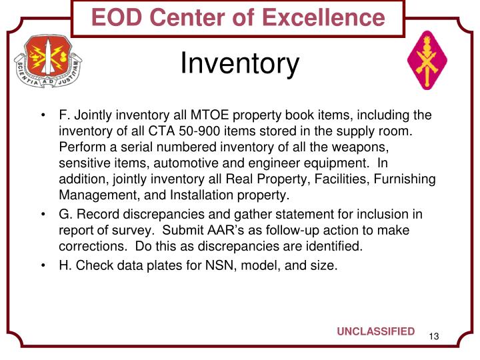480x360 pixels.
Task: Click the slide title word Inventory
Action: (x=240, y=65)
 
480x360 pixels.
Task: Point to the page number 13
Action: (x=434, y=335)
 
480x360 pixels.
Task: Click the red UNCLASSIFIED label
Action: (x=375, y=332)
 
